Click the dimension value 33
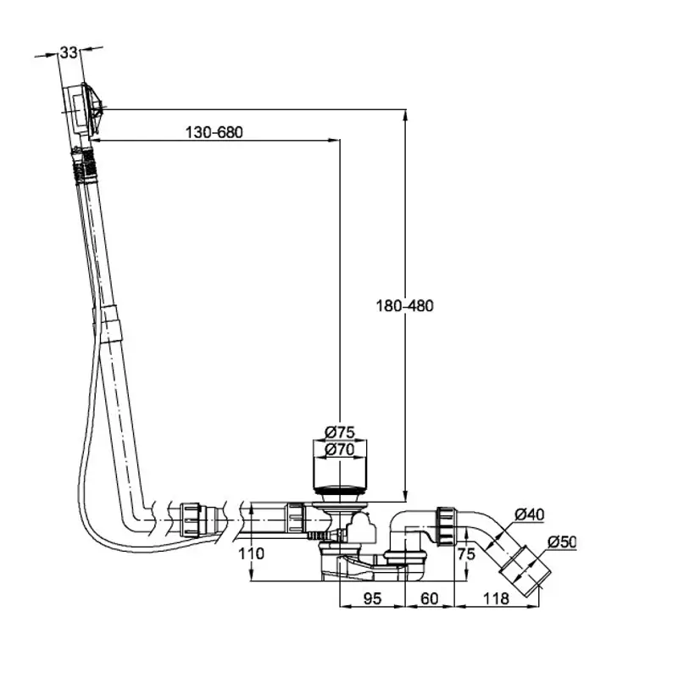69,53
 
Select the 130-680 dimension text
214,132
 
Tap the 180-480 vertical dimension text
404,306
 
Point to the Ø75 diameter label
340,432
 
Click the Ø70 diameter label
340,449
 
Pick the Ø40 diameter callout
529,514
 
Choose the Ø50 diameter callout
562,542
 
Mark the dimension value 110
251,553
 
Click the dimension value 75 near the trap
466,554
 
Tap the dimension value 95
372,598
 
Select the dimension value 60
430,598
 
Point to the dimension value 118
496,598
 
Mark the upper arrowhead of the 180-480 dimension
405,115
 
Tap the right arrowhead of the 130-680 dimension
334,140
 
